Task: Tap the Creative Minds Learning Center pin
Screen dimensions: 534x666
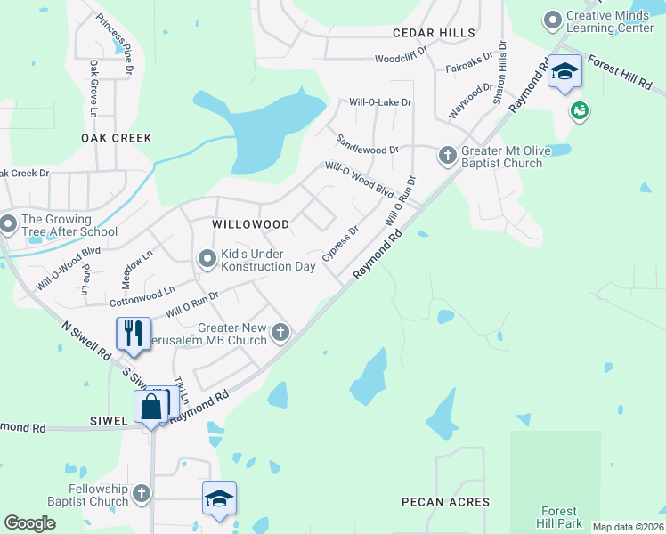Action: click(552, 19)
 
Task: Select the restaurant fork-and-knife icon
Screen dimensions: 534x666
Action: click(134, 334)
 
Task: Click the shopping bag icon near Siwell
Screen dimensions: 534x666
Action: click(151, 408)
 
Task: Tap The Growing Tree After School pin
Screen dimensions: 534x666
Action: click(9, 224)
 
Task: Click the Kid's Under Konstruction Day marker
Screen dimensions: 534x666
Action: click(207, 260)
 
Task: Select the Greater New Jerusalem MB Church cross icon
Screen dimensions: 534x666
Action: click(280, 334)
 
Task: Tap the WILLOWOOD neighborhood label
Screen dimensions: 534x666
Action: click(250, 225)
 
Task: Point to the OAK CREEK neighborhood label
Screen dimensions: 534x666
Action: click(117, 138)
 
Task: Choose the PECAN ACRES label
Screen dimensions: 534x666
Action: click(445, 502)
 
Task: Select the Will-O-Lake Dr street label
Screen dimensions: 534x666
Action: click(380, 102)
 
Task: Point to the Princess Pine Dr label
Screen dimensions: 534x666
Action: click(115, 44)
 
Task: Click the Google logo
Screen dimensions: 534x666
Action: click(30, 523)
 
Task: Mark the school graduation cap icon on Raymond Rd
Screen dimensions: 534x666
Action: click(564, 71)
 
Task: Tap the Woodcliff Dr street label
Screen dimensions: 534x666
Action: click(403, 60)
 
